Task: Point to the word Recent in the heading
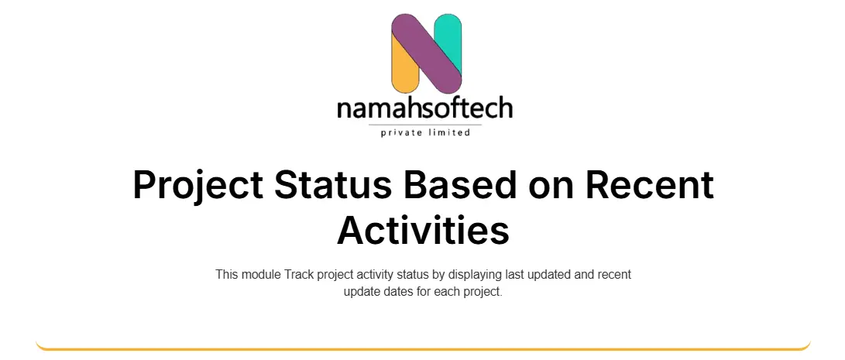(649, 185)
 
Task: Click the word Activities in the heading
(423, 230)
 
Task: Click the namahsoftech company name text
(424, 108)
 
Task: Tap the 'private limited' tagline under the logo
(425, 132)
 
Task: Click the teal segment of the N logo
(448, 38)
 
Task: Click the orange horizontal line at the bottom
(423, 348)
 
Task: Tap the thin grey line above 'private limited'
(425, 125)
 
